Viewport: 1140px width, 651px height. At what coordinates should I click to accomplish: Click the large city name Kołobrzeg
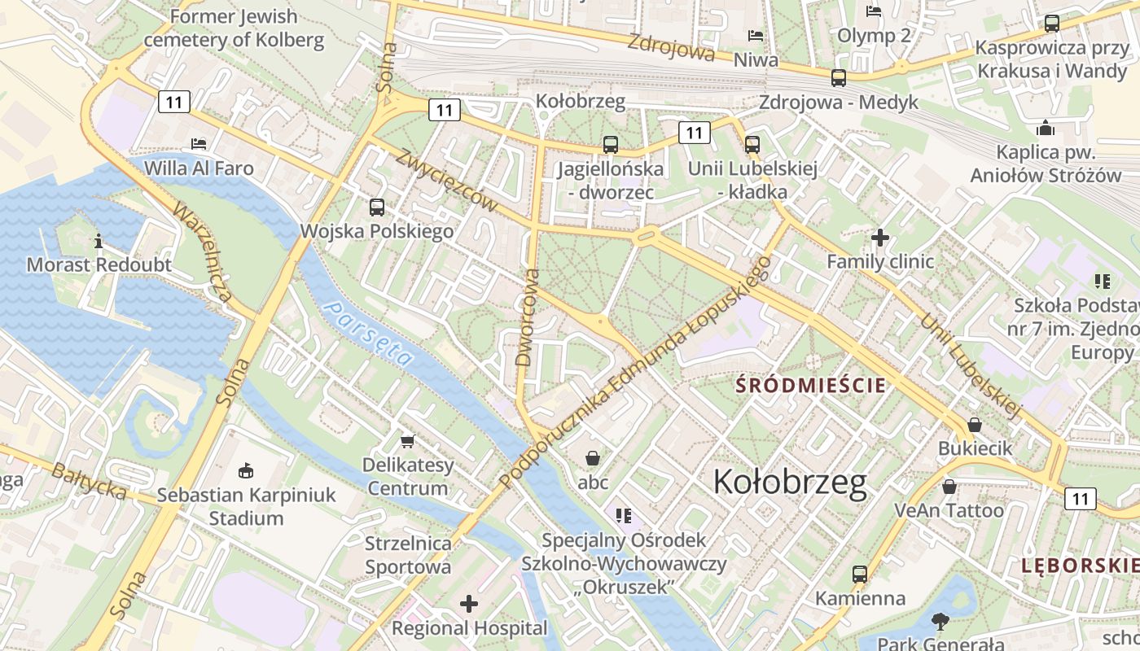[x=790, y=483]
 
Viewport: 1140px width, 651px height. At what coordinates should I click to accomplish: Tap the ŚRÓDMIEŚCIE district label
[x=810, y=385]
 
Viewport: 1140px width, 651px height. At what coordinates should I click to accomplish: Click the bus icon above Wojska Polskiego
[x=376, y=208]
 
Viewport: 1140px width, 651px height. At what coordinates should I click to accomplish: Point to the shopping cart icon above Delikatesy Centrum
[x=408, y=441]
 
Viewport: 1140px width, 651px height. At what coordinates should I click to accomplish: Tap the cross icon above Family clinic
[x=880, y=238]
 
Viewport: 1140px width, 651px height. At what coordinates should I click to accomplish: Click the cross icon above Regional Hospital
[x=469, y=604]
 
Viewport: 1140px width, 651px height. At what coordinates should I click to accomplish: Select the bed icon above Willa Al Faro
[x=199, y=144]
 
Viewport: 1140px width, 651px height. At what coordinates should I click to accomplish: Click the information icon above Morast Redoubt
[x=99, y=241]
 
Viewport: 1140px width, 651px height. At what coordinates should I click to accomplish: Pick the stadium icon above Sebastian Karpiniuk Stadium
[x=245, y=470]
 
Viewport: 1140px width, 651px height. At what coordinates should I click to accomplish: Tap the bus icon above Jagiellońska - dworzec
[x=610, y=145]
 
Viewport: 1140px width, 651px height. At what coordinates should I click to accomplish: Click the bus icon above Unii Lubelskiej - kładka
[x=752, y=145]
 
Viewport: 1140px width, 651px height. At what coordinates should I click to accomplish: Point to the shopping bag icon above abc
[x=593, y=458]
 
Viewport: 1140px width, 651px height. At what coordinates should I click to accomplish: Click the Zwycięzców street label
[x=446, y=181]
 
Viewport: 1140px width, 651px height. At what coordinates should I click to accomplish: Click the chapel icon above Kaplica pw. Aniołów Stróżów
[x=1046, y=129]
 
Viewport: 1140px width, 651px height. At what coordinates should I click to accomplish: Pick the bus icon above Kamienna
[x=859, y=574]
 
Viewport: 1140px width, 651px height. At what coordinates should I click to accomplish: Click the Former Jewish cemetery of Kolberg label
[x=234, y=28]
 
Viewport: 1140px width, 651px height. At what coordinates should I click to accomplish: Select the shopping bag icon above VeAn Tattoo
[x=949, y=487]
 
